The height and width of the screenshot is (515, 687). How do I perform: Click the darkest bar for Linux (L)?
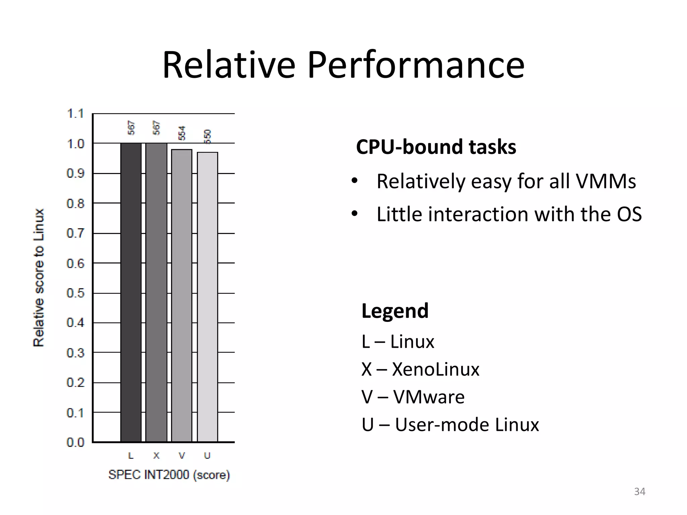click(x=131, y=292)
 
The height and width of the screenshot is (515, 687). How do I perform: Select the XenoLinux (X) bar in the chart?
click(x=156, y=292)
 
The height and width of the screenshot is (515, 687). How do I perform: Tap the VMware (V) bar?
click(x=182, y=295)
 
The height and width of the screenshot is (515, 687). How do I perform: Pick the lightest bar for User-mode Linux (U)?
click(x=208, y=297)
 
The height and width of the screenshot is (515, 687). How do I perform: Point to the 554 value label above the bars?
click(x=182, y=133)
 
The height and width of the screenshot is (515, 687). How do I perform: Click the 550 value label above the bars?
click(x=208, y=136)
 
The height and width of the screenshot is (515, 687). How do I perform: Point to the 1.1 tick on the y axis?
click(x=75, y=114)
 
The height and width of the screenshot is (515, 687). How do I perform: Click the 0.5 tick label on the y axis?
click(x=75, y=293)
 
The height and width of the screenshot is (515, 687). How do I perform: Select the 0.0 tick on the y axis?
click(x=75, y=442)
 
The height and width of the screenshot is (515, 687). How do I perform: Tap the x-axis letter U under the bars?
click(x=207, y=456)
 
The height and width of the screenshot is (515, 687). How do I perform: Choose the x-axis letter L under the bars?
click(x=131, y=456)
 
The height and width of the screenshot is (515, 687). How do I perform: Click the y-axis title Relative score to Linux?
click(x=39, y=278)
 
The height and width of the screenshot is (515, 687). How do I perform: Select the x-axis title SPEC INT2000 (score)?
click(x=169, y=475)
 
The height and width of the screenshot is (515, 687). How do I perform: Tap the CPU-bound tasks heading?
click(x=436, y=147)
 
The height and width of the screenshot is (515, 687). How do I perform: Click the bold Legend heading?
click(x=395, y=311)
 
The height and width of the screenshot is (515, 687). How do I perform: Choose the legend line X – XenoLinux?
click(x=420, y=369)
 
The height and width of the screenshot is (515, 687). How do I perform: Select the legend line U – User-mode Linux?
click(x=450, y=425)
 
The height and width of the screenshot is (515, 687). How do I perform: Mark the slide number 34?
click(x=639, y=492)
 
